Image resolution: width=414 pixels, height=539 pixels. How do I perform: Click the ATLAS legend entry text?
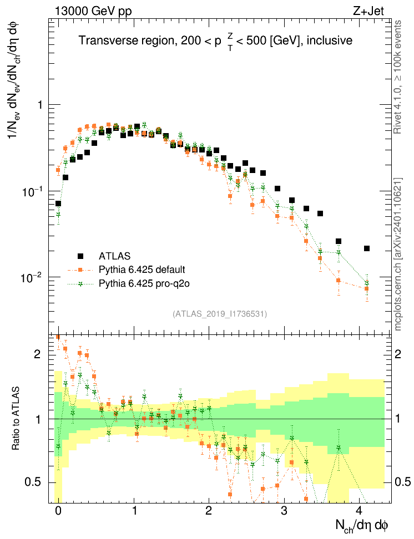pos(115,256)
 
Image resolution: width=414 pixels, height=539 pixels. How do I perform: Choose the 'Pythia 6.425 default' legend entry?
pos(142,270)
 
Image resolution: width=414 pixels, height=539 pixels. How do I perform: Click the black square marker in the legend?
pos(81,256)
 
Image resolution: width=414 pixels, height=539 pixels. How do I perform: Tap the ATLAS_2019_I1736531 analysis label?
pos(220,314)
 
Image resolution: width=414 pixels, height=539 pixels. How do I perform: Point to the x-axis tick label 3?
pos(284,511)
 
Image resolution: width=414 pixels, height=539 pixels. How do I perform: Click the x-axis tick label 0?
pos(58,511)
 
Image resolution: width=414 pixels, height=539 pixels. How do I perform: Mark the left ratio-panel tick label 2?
pos(38,353)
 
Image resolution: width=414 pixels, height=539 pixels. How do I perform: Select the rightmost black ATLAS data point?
pos(367,248)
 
